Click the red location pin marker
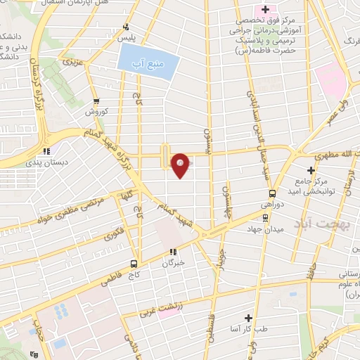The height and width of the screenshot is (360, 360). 181,165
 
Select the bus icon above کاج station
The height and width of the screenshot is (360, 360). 134,264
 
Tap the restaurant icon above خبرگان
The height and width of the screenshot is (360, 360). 173,252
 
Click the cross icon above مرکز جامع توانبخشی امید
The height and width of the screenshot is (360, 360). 311,170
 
